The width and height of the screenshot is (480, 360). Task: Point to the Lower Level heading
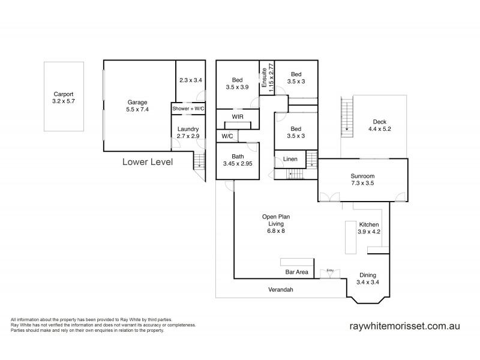pos(148,161)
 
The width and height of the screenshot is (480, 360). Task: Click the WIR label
pos(237,115)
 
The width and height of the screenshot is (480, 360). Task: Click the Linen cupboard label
pos(290,160)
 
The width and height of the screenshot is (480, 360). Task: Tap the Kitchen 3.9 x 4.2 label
pos(369,227)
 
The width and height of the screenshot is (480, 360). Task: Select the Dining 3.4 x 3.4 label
pos(368,278)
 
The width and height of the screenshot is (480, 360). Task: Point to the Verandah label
pos(281,289)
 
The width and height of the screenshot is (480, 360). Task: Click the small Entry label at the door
pos(330,271)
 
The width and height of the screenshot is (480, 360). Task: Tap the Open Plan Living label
pos(272,223)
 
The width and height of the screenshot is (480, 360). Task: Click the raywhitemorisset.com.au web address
pos(404,327)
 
